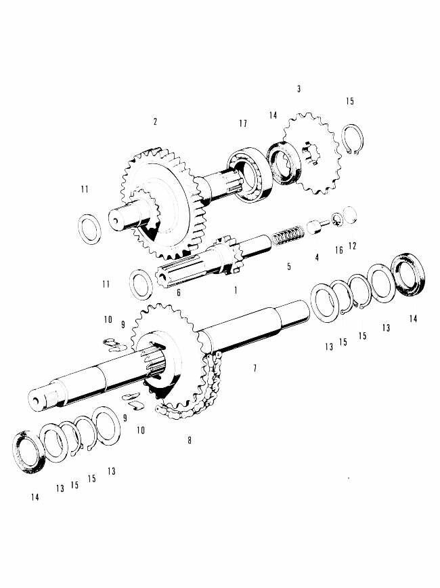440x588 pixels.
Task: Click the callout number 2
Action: point(155,122)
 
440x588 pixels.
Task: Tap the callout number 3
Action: point(299,89)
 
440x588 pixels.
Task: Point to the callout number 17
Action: point(242,123)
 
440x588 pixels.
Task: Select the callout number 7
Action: point(255,368)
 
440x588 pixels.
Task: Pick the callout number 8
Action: point(190,440)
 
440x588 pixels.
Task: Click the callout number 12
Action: point(351,246)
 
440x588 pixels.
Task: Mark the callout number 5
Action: point(289,267)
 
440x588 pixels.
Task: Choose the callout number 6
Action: point(179,292)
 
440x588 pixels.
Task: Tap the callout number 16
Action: point(339,250)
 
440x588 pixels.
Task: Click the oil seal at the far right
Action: point(408,274)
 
